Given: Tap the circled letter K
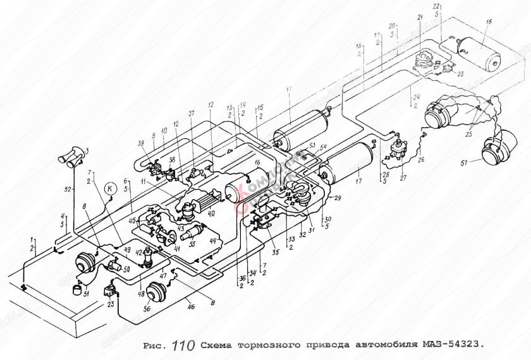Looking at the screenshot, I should click(109, 188).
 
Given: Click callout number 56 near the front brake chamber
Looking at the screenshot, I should click(147, 309).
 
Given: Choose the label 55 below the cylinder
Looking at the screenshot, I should click(192, 244).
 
